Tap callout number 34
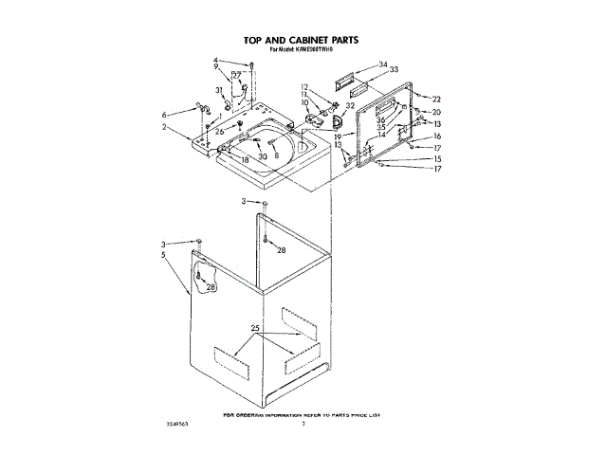coord(383,64)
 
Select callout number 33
coord(395,69)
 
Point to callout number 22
coord(436,99)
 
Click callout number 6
coord(164,114)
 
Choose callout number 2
coord(164,127)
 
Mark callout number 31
coord(219,90)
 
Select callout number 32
coord(350,106)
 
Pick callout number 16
coord(437,136)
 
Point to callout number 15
coord(437,158)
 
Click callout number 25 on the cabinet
coord(254,329)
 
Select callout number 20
coord(436,112)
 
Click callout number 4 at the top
coord(216,61)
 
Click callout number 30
coord(263,156)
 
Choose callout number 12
coord(305,87)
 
